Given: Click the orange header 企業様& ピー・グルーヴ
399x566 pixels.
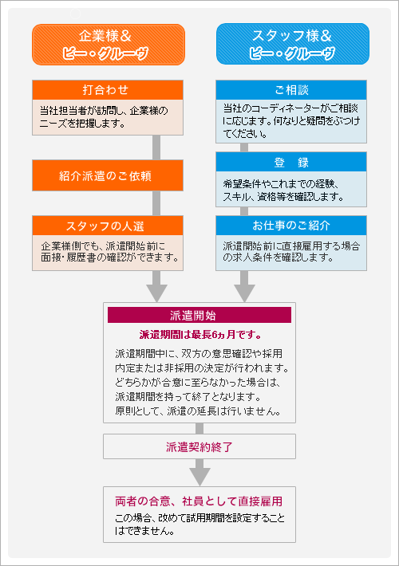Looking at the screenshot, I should coord(109,44).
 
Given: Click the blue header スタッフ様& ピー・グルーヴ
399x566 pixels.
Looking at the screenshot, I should coord(292,44).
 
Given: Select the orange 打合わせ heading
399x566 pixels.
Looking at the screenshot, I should coord(109,88).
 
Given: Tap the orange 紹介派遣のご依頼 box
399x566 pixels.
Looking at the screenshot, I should coord(109,173).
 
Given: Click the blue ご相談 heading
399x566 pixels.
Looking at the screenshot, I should coord(291,88).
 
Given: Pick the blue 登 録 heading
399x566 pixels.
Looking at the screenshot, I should coord(291,162).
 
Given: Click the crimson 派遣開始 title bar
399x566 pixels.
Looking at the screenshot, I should coord(199,314).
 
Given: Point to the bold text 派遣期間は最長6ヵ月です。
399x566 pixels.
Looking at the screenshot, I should coord(199,334).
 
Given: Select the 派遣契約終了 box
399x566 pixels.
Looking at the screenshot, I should coord(199,446).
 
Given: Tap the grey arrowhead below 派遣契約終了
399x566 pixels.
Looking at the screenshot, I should coord(199,474).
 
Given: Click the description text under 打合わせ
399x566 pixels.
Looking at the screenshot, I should coord(109,116).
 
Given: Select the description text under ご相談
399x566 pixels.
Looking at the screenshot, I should coord(291,120).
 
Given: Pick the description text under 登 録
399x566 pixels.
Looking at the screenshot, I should coord(291,190).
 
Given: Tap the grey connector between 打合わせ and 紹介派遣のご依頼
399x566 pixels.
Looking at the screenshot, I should coord(157,148).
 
